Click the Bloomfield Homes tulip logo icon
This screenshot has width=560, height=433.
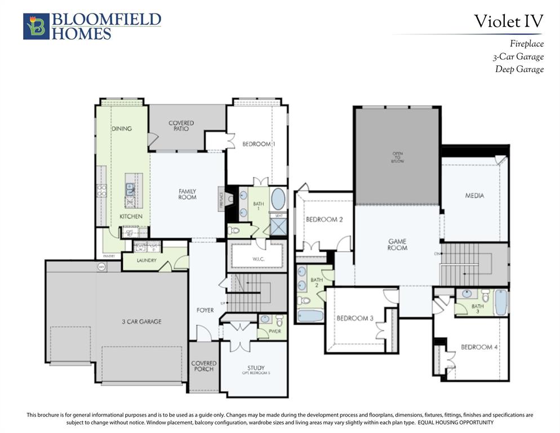point(36,26)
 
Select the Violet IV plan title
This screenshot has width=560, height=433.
point(508,21)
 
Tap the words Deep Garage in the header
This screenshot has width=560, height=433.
point(519,69)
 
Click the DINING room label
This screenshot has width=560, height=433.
point(121,129)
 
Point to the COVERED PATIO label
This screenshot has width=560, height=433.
point(181,126)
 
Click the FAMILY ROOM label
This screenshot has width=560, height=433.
point(187,195)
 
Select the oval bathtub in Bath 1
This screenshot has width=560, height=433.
point(278,200)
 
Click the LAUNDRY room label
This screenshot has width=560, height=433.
point(146,260)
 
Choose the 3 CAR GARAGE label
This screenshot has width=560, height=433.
point(141,321)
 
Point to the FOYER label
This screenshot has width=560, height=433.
point(205,310)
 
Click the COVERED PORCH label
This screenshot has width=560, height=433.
point(203,366)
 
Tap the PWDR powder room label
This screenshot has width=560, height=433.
point(275,332)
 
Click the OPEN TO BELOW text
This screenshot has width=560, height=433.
point(398,157)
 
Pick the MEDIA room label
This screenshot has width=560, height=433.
point(474,196)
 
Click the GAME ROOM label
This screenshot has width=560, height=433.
point(397,245)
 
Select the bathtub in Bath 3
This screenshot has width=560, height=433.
point(500,303)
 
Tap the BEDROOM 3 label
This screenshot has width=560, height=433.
point(355,319)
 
